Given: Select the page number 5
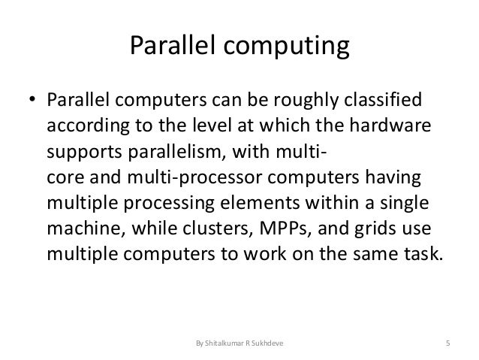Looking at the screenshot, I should pos(447,344).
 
